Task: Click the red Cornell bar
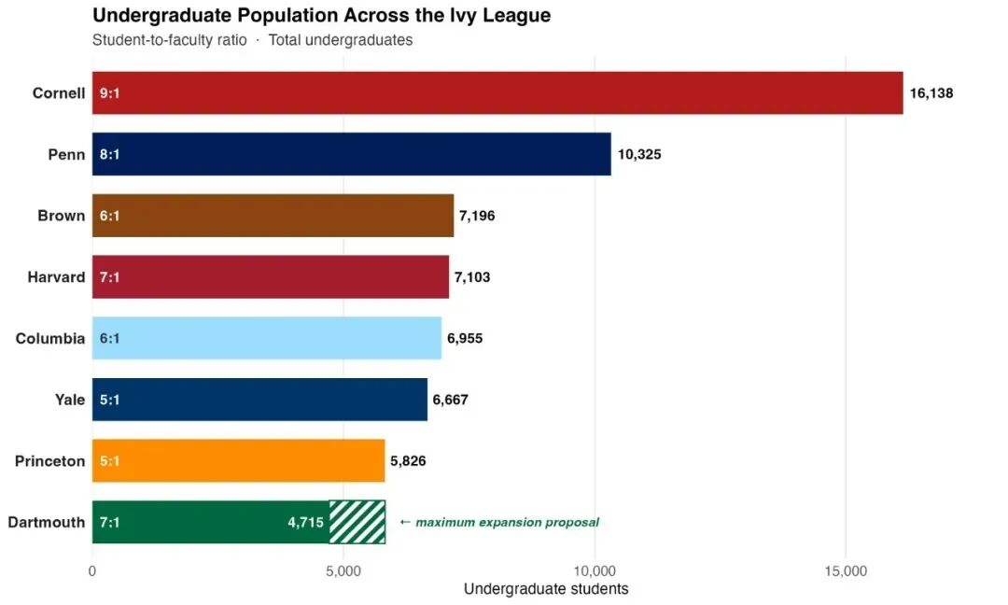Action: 497,92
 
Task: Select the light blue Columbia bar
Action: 267,338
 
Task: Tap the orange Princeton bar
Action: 239,460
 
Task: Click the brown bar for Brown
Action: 273,216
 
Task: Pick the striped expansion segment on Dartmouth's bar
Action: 357,522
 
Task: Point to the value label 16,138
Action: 931,93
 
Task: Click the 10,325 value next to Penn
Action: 639,154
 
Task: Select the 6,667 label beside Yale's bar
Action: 450,400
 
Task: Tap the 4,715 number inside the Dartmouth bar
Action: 305,522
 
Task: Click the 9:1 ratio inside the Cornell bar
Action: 109,93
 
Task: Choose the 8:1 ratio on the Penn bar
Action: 109,154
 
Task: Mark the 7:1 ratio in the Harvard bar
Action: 109,277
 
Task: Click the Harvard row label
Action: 56,277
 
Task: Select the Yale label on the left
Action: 69,400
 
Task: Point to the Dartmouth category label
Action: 47,522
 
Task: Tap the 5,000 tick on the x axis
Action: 343,571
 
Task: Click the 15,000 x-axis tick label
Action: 846,571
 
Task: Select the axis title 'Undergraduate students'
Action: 546,589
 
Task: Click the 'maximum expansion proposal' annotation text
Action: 507,522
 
